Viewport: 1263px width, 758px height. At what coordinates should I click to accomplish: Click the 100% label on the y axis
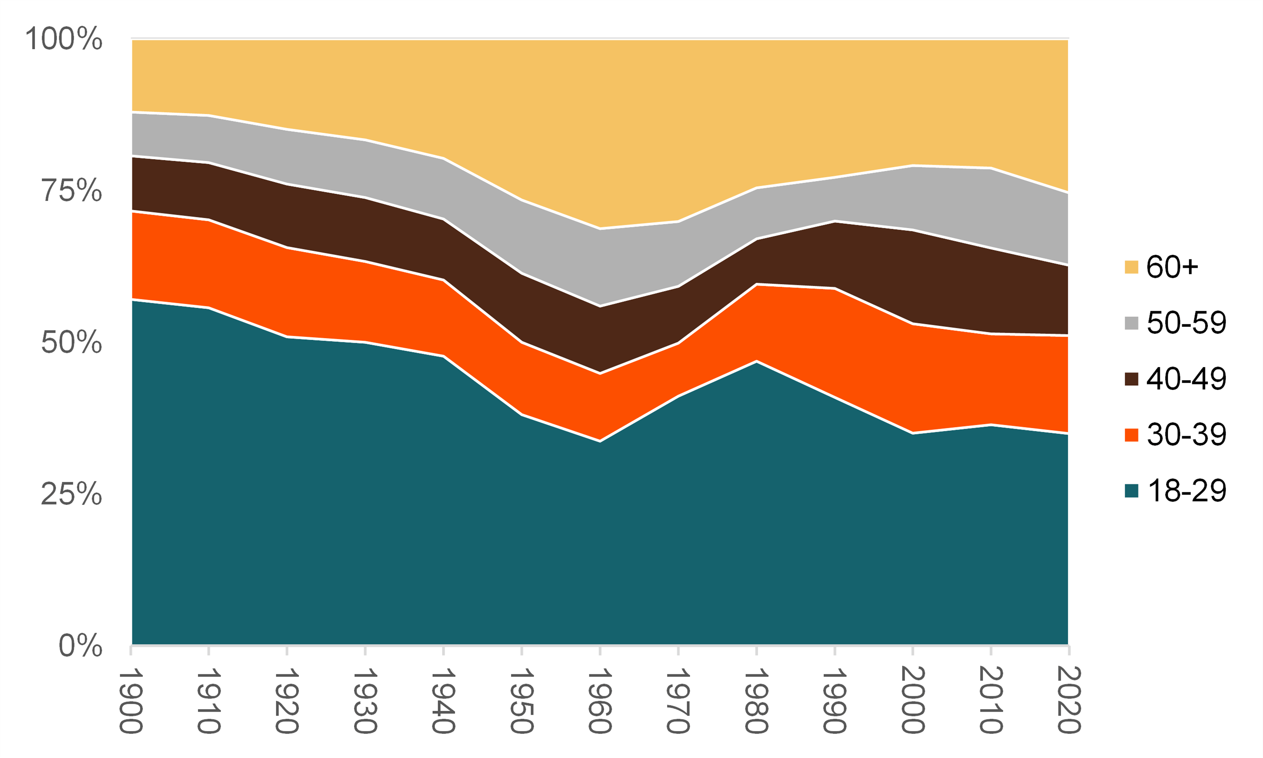coord(64,39)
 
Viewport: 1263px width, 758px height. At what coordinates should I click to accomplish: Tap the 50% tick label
coord(72,342)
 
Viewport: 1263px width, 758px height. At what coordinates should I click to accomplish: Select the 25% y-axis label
coord(72,494)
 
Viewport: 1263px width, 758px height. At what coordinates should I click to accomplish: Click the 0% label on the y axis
coord(80,646)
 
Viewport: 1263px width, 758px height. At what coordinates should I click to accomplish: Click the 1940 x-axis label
coord(443,701)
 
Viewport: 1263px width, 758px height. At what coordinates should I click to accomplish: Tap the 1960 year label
coord(600,701)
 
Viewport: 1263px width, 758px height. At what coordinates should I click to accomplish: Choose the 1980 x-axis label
coord(757,701)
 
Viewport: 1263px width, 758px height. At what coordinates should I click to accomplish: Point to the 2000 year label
coord(913,701)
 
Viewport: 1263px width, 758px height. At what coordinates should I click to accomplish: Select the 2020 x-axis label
coord(1069,701)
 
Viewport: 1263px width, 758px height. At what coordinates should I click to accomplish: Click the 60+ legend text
coord(1172,267)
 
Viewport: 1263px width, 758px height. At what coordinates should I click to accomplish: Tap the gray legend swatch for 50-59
coord(1131,323)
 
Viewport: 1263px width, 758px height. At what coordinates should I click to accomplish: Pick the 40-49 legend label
coord(1186,379)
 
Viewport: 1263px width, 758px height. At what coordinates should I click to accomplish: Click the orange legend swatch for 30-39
coord(1131,435)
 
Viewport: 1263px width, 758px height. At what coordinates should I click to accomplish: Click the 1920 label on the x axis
coord(287,701)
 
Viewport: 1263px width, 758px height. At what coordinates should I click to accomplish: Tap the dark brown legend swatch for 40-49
coord(1131,379)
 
